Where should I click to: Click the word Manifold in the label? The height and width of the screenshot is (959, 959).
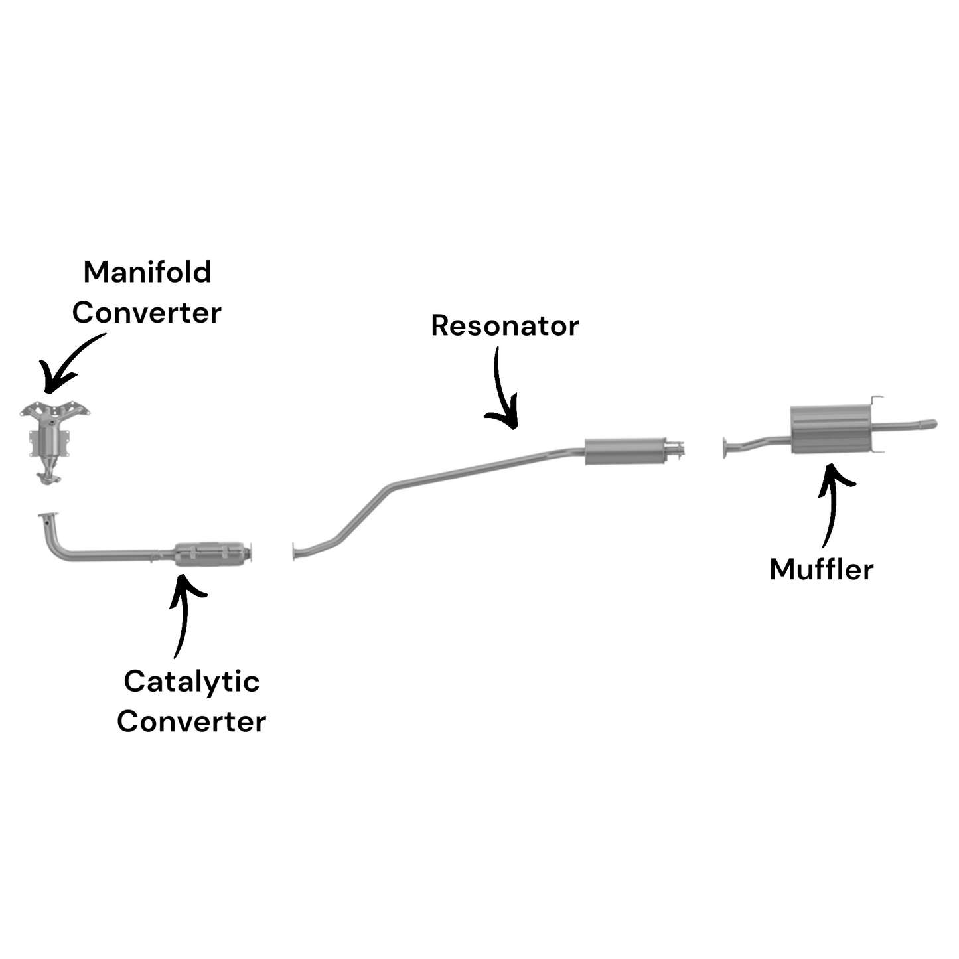pos(147,272)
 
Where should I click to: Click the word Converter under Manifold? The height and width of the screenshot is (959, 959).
pos(147,313)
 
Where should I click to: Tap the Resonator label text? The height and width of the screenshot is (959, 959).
pos(504,326)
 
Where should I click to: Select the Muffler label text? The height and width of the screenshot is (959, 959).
pos(821,569)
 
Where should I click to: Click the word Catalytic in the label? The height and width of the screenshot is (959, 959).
pos(191,682)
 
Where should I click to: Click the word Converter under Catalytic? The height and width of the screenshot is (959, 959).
pos(191,722)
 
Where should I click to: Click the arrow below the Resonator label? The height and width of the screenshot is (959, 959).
pos(502,392)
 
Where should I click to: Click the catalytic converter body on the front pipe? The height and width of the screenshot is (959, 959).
pos(208,553)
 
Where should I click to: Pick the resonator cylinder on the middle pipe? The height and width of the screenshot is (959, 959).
pos(624,451)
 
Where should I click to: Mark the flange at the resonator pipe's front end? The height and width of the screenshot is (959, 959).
pos(294,552)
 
